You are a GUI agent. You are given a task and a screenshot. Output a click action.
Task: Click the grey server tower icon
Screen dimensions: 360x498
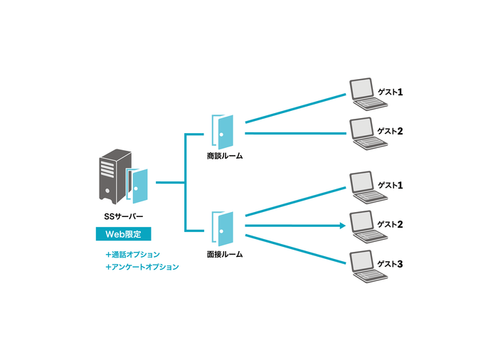click(112, 176)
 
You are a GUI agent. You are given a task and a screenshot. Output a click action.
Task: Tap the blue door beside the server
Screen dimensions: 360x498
click(139, 186)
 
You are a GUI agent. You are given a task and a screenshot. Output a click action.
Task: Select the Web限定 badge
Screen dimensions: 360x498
click(123, 234)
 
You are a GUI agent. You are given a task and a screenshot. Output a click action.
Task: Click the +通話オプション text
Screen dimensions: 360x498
click(132, 254)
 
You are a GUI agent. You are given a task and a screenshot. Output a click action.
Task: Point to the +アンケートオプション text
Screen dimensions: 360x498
click(142, 268)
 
